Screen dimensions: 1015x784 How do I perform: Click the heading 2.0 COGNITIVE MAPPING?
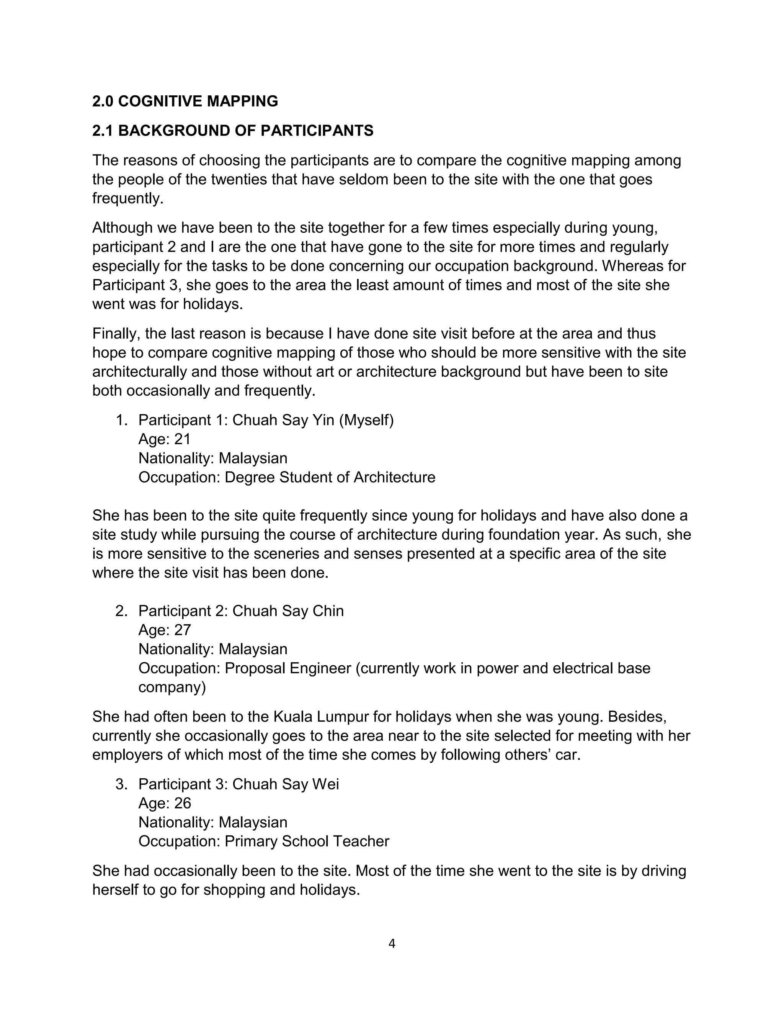click(185, 101)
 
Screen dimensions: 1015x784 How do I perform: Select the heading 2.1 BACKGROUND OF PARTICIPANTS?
click(233, 131)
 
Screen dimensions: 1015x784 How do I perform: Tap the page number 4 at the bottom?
click(392, 944)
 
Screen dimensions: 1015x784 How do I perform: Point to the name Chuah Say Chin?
click(288, 611)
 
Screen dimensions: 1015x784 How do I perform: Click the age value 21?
click(183, 439)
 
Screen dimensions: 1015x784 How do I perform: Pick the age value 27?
click(183, 630)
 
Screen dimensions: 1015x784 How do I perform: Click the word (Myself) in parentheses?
click(366, 420)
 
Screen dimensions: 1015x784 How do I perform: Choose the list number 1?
click(121, 420)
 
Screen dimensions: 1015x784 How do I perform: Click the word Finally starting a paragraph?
click(116, 334)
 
